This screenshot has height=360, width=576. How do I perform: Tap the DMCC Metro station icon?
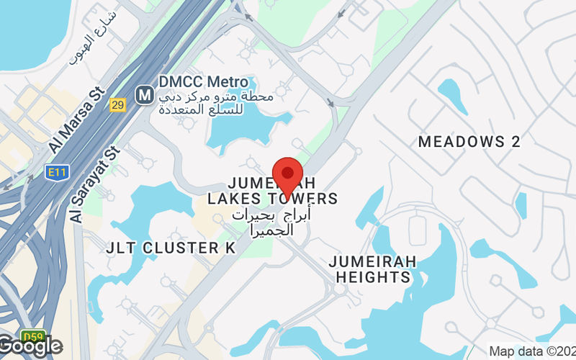(145, 93)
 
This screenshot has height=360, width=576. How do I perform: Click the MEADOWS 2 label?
(469, 141)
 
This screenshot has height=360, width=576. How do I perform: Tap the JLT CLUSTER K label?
(171, 248)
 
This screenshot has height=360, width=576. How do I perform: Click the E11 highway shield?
(54, 172)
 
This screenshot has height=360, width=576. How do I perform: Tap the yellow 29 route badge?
(118, 105)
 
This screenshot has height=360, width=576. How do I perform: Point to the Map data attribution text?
(531, 351)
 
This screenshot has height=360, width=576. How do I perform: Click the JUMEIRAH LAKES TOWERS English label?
(272, 190)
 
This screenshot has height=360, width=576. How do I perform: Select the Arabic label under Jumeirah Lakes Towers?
(270, 222)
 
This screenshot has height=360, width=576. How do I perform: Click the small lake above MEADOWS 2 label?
(451, 90)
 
